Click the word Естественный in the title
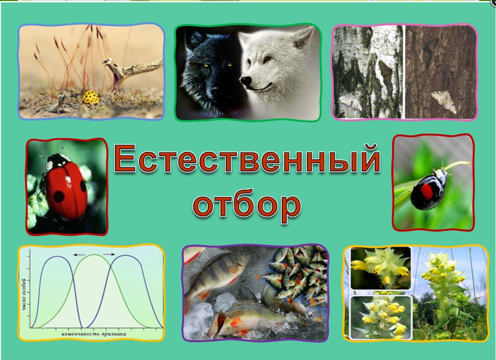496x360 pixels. click(x=247, y=159)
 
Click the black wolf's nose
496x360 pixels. click(x=215, y=91)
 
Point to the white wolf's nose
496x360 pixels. click(x=246, y=81)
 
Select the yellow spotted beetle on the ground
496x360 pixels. click(x=91, y=98)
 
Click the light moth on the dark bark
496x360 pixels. click(x=444, y=101)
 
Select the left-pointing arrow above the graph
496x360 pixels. click(x=79, y=255)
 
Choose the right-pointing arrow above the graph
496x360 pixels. click(x=109, y=254)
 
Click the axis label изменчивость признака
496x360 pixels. click(x=94, y=334)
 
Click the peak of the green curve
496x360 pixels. click(x=94, y=255)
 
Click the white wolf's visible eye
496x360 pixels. click(x=267, y=58)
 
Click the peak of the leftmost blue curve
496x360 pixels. click(x=57, y=256)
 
